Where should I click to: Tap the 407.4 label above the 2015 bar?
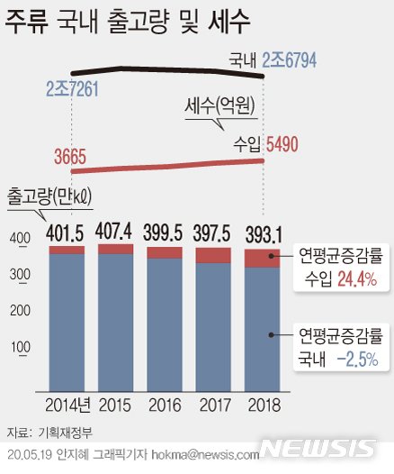(114, 230)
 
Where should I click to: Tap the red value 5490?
(282, 143)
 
